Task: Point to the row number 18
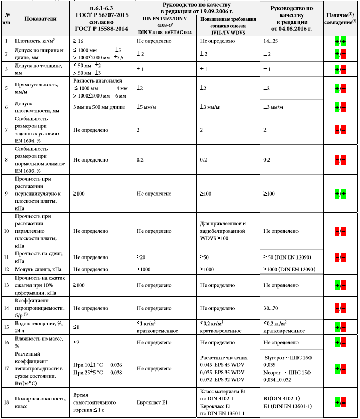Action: (6, 402)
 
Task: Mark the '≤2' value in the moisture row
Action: (76, 342)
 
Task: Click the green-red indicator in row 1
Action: (340, 40)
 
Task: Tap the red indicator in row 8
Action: (340, 160)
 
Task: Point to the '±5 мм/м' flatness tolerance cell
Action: (149, 107)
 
